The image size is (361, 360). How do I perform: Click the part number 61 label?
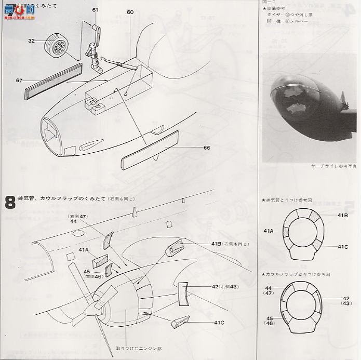tap(95, 10)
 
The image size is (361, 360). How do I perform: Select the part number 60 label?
tap(130, 12)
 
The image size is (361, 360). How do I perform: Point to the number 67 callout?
tap(19, 80)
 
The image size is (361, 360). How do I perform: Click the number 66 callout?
tap(207, 148)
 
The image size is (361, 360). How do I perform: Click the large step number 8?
tap(10, 202)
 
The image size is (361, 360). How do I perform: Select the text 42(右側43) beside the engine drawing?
tap(226, 286)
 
